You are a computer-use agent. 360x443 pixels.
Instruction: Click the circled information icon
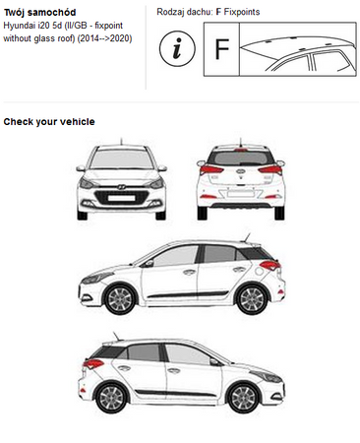177,48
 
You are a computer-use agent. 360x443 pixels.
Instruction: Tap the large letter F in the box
222,49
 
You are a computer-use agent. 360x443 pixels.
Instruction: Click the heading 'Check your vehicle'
49,122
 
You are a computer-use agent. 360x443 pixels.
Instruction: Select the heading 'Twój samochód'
39,13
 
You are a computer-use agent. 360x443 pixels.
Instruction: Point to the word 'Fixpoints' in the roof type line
242,12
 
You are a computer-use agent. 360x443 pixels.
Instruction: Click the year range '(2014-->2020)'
104,38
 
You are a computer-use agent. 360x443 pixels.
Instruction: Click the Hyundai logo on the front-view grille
122,187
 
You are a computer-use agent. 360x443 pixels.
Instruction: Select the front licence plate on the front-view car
122,198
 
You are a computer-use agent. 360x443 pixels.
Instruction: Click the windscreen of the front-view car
122,159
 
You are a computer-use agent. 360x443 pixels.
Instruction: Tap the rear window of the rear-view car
241,158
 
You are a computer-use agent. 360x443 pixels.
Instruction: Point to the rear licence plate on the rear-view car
241,193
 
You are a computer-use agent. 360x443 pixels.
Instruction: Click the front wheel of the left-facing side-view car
119,299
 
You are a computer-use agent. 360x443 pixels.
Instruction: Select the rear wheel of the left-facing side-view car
252,299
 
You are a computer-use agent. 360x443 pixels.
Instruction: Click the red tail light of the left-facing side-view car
270,265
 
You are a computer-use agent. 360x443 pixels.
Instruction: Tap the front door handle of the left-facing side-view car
189,272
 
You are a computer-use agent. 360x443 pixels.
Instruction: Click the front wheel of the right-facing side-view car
243,398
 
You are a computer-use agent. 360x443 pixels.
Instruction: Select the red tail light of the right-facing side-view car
93,363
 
